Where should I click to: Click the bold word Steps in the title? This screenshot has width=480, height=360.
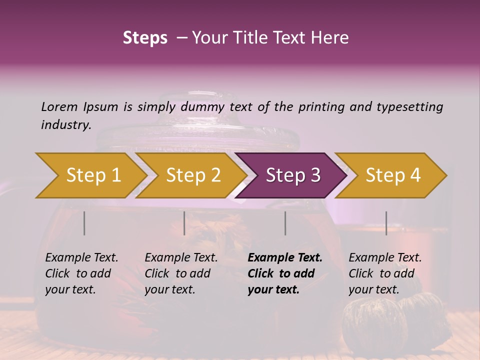click(x=145, y=38)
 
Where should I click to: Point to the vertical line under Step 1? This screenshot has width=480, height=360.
click(x=84, y=223)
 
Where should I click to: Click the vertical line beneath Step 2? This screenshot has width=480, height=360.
click(x=184, y=223)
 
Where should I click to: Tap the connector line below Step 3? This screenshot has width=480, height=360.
click(x=285, y=223)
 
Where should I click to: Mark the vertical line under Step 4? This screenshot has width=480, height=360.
click(x=386, y=223)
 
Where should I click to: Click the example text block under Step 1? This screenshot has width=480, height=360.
click(x=81, y=273)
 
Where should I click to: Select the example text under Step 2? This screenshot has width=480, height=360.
click(x=181, y=273)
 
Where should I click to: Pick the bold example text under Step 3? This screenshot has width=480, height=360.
click(x=285, y=273)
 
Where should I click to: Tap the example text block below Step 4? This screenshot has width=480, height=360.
click(x=385, y=273)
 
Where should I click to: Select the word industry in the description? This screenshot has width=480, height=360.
click(x=65, y=124)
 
